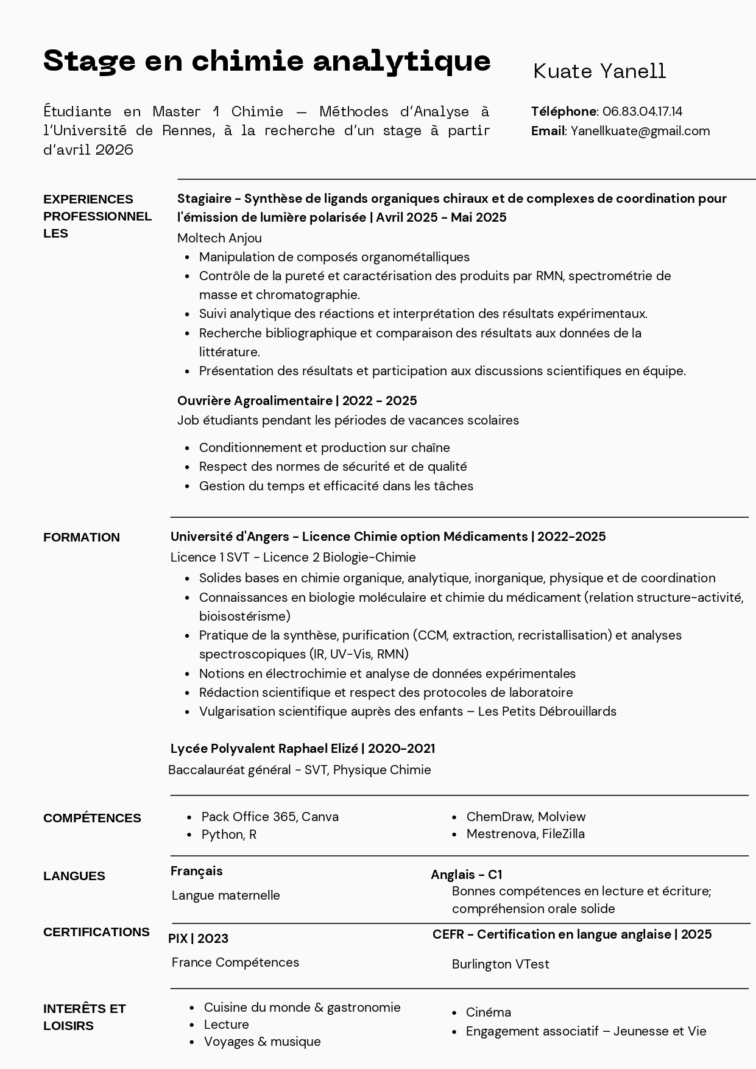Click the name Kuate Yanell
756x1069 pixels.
pyautogui.click(x=599, y=71)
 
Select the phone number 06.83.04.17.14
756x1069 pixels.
pyautogui.click(x=642, y=111)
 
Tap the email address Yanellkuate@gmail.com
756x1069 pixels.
pyautogui.click(x=640, y=131)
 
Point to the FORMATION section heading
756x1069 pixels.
pyautogui.click(x=82, y=537)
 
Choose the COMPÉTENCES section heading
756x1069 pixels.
pyautogui.click(x=92, y=818)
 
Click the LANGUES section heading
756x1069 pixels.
pyautogui.click(x=74, y=876)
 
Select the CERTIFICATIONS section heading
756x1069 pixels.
pyautogui.click(x=96, y=932)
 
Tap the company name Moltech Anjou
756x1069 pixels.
pyautogui.click(x=219, y=238)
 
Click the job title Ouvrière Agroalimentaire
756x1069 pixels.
pyautogui.click(x=255, y=401)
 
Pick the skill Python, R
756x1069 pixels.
pyautogui.click(x=229, y=834)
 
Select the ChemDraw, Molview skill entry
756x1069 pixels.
pyautogui.click(x=526, y=817)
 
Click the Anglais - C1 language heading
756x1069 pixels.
pyautogui.click(x=467, y=875)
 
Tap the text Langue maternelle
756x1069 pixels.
pyautogui.click(x=226, y=895)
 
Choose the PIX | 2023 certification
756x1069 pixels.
pyautogui.click(x=199, y=939)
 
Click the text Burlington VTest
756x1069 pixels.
pyautogui.click(x=501, y=964)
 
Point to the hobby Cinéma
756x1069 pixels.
pyautogui.click(x=489, y=1012)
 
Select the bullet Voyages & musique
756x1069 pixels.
pyautogui.click(x=263, y=1042)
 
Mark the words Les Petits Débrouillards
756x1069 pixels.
pyautogui.click(x=547, y=711)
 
